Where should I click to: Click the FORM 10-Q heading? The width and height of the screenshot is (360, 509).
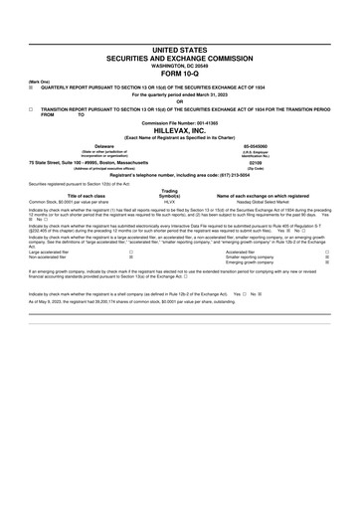[180, 73]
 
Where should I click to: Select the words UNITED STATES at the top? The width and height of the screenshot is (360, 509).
[180, 49]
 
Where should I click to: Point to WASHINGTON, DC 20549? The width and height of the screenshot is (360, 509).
[180, 65]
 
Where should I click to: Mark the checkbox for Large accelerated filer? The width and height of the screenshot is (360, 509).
[116, 253]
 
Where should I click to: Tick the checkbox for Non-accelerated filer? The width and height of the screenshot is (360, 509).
[116, 257]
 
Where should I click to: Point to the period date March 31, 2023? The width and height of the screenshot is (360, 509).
[211, 93]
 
